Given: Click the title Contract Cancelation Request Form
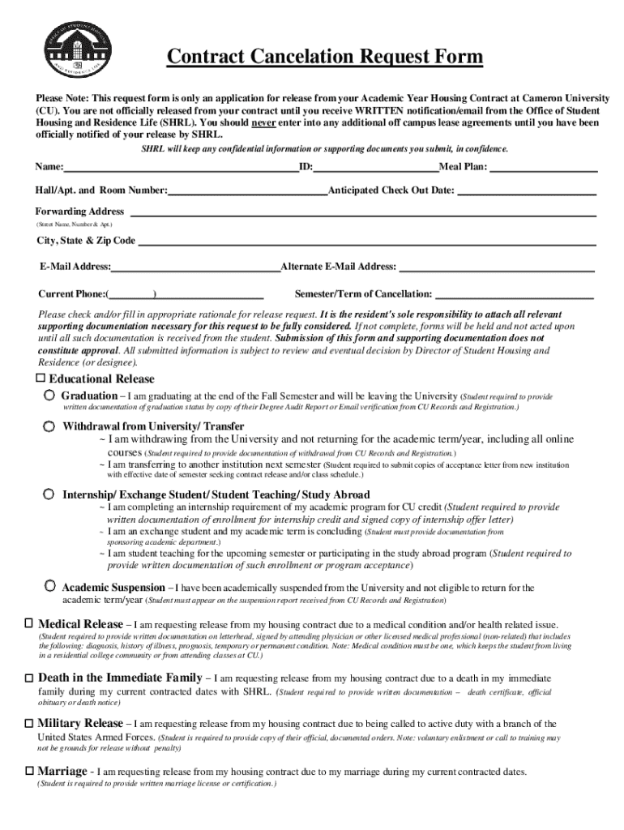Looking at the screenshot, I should [324, 58].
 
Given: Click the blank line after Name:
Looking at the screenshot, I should [181, 169].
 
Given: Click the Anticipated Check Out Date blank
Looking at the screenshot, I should [527, 192].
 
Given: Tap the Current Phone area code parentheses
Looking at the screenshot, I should [132, 293].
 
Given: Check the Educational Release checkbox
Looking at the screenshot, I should [41, 379].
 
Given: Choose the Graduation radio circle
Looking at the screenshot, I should [50, 395].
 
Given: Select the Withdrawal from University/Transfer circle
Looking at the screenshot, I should [50, 426].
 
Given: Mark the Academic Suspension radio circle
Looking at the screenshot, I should [50, 585].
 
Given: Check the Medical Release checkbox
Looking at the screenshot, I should [29, 624].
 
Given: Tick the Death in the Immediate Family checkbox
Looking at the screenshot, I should [29, 677].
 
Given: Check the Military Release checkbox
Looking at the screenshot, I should [29, 722].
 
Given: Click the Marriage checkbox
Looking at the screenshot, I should [29, 770].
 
